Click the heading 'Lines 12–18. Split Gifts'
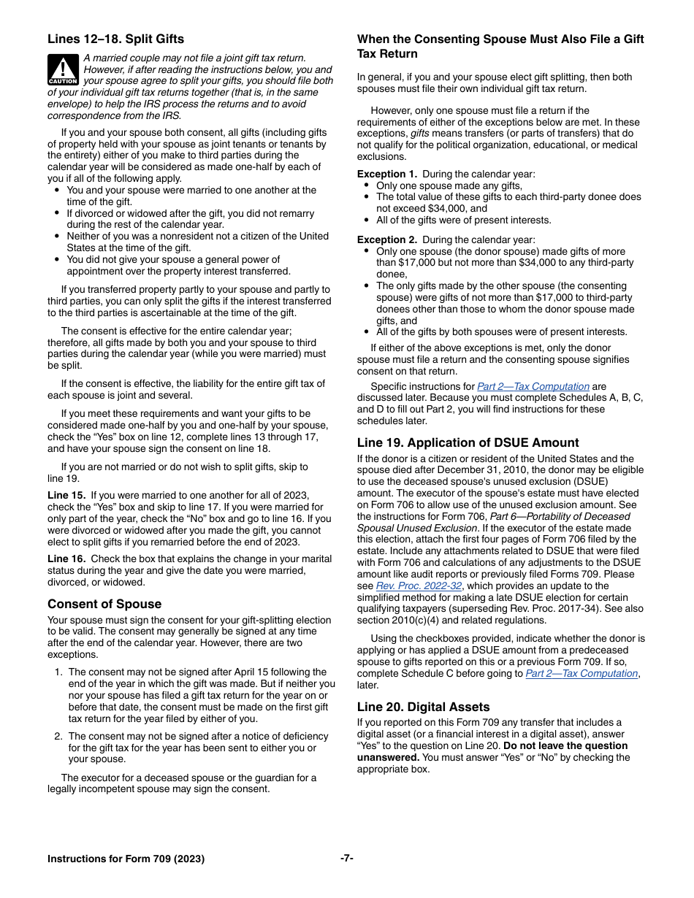(115, 39)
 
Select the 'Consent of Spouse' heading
(104, 605)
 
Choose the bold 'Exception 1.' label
(387, 174)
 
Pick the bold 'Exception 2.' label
(387, 240)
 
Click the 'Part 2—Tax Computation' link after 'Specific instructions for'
(533, 387)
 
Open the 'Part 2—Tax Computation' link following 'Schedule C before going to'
(581, 674)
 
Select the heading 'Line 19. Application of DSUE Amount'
(468, 443)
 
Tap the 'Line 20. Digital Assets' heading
(423, 707)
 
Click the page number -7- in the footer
(347, 859)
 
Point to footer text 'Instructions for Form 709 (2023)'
(126, 859)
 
